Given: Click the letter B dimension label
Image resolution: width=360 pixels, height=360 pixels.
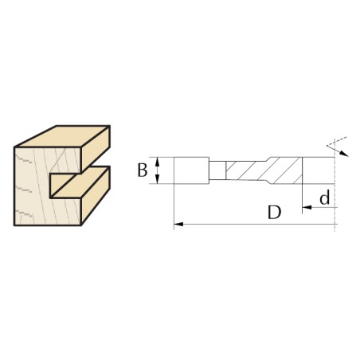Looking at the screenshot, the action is [x=143, y=170].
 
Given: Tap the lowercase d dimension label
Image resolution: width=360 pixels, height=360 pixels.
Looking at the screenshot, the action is [x=324, y=198].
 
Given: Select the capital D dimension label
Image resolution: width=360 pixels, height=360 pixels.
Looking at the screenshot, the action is [x=274, y=212].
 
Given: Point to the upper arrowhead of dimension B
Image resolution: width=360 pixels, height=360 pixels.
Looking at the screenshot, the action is [x=158, y=161].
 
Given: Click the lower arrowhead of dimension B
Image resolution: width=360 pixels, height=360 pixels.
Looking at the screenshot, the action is [x=158, y=179].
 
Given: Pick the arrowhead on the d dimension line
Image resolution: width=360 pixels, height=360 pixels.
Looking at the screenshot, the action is [x=307, y=207].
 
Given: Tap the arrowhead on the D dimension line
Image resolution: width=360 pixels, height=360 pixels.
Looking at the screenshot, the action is [x=178, y=225].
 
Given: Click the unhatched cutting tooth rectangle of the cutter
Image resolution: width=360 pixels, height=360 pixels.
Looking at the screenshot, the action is [x=191, y=170].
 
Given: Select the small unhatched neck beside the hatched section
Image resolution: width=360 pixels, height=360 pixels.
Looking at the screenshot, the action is [x=217, y=170].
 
